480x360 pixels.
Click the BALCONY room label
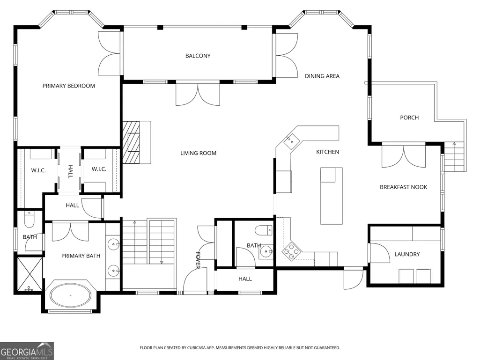(198, 56)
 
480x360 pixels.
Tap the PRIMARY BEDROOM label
(68, 86)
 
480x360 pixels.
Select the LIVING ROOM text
(198, 153)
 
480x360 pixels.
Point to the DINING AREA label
(322, 76)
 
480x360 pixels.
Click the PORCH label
(409, 118)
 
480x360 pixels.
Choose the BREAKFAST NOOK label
(404, 187)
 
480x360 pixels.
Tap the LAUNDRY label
(407, 254)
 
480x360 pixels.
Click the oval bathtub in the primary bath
(70, 295)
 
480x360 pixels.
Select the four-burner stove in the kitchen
(292, 251)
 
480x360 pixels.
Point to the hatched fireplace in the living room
(131, 142)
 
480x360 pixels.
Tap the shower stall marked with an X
(30, 274)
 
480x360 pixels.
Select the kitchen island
(331, 196)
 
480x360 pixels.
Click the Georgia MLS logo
(27, 351)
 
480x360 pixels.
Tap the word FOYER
(198, 260)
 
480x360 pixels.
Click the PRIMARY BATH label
(81, 256)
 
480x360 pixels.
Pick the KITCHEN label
(327, 152)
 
